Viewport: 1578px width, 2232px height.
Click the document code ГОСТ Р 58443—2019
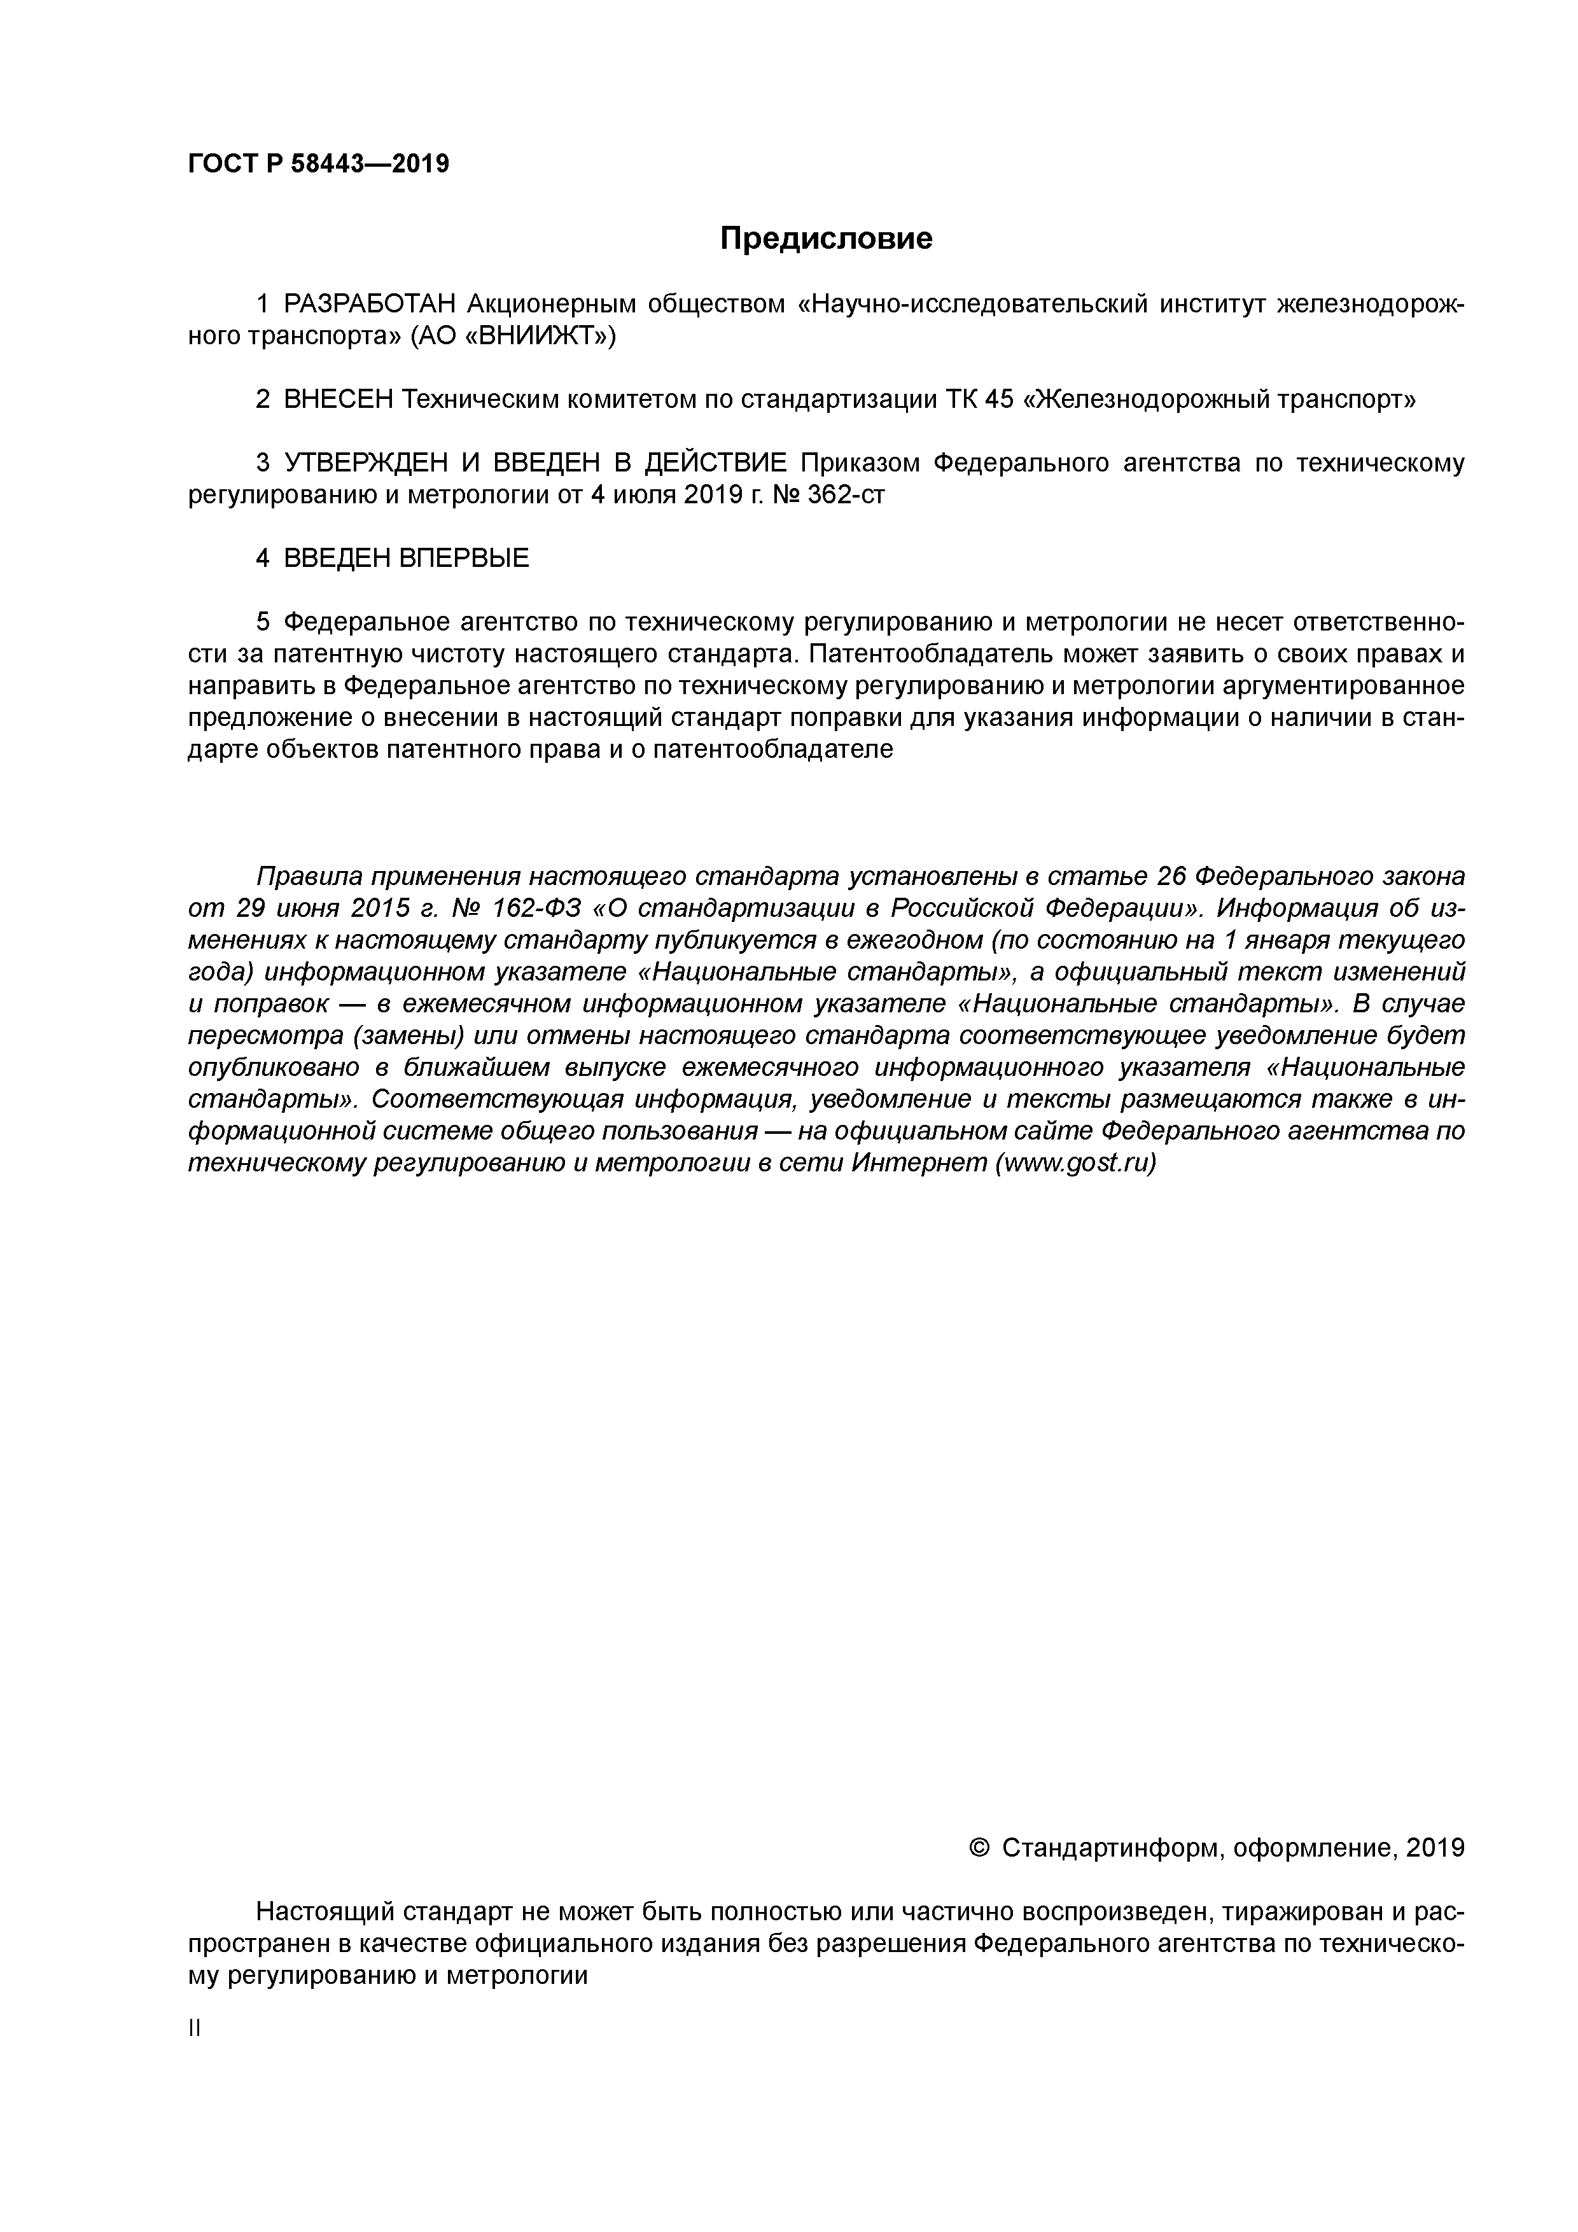tap(318, 164)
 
